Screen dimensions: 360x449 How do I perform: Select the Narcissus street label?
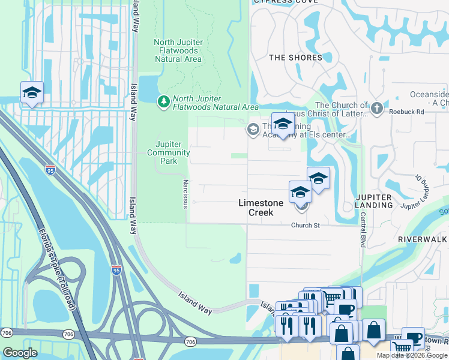(x=185, y=192)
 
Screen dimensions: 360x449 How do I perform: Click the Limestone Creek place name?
(x=261, y=208)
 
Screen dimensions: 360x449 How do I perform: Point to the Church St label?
(x=307, y=226)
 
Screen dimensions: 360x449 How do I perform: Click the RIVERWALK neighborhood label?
(x=423, y=239)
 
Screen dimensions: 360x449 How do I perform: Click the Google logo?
(x=20, y=353)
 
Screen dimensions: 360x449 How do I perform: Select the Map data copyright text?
(x=412, y=355)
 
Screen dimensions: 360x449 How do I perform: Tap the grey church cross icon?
(x=376, y=108)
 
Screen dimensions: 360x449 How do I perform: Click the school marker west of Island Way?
(x=32, y=92)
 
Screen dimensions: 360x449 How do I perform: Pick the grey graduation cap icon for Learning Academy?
(x=253, y=129)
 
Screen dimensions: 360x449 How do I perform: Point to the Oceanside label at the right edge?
(x=429, y=98)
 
